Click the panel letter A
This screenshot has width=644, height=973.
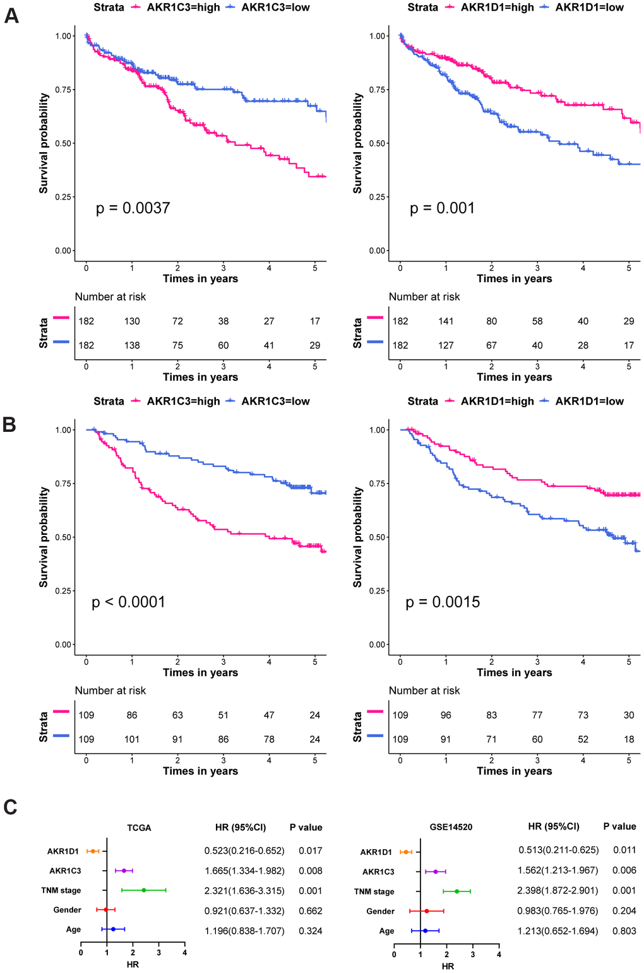pyautogui.click(x=11, y=16)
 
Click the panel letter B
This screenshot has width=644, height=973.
pyautogui.click(x=9, y=424)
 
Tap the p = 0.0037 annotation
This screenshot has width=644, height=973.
pyautogui.click(x=133, y=208)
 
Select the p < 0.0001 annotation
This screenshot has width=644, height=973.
pyautogui.click(x=129, y=602)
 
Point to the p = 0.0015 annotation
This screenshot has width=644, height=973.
pyautogui.click(x=443, y=602)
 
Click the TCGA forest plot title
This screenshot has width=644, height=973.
pyautogui.click(x=139, y=828)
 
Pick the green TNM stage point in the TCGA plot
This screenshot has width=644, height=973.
pyautogui.click(x=144, y=890)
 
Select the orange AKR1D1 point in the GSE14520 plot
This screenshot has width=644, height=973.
pyautogui.click(x=406, y=852)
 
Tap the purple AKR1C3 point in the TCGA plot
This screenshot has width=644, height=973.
pyautogui.click(x=124, y=871)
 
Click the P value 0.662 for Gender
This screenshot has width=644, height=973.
pyautogui.click(x=310, y=911)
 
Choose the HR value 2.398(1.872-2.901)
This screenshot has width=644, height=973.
pyautogui.click(x=558, y=890)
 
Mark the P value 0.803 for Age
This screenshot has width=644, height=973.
pyautogui.click(x=624, y=931)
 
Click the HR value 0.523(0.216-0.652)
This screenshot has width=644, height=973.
pyautogui.click(x=244, y=851)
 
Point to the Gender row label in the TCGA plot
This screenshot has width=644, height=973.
pyautogui.click(x=67, y=910)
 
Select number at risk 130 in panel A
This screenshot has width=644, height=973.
pyautogui.click(x=132, y=321)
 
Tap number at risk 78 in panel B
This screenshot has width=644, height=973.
pyautogui.click(x=269, y=739)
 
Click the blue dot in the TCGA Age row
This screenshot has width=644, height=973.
pyautogui.click(x=113, y=929)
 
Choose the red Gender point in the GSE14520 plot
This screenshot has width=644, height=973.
pyautogui.click(x=427, y=911)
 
